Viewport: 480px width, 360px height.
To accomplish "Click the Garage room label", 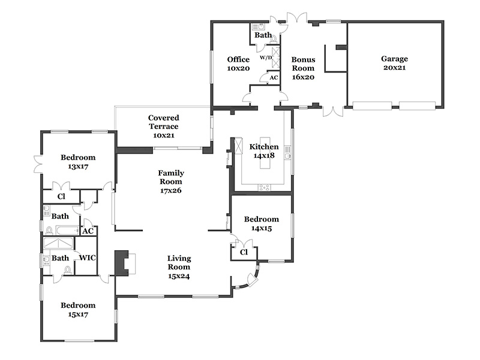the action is pos(394,63).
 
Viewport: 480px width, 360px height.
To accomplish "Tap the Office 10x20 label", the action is pos(238,64).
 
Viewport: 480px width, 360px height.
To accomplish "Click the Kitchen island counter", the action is pos(265,153).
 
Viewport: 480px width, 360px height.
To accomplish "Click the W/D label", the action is pos(266,57).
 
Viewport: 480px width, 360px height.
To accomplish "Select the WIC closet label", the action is pos(87,258).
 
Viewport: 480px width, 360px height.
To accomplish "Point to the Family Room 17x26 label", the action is pos(171,182).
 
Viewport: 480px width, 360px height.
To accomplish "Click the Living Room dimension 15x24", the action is pos(179,276).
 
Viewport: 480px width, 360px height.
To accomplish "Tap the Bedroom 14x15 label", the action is pos(262,223).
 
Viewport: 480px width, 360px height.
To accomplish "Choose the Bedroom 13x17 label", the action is pos(78,162).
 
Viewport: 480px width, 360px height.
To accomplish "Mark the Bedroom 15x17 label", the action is pos(78,310).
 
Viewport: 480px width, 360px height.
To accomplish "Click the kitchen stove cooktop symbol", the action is pos(264,187).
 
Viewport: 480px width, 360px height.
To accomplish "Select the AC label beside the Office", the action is pos(274,78).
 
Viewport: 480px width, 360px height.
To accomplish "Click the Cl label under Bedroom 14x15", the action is pos(244,252).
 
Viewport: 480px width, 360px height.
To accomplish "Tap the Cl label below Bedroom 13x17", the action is pos(61,196).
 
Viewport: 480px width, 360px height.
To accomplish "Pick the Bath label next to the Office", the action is pos(263,35).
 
